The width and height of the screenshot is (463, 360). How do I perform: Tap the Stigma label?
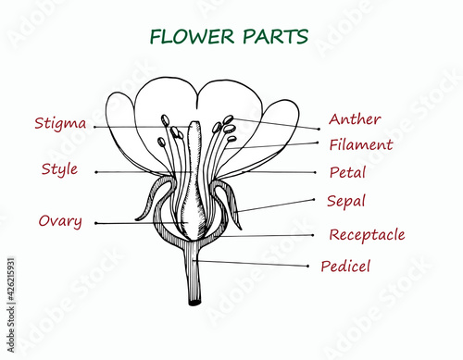click(x=60, y=123)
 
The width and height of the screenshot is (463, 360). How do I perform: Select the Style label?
click(x=59, y=169)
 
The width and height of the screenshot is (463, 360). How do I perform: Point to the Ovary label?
click(x=60, y=221)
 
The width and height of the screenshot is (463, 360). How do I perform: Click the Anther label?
click(x=355, y=119)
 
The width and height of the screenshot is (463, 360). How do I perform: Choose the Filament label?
click(x=361, y=145)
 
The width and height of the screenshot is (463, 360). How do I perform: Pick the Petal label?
click(x=347, y=172)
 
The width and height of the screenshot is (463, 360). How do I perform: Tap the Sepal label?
click(x=346, y=201)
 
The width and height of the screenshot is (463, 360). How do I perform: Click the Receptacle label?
click(x=367, y=235)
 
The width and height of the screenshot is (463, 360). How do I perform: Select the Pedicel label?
click(x=345, y=267)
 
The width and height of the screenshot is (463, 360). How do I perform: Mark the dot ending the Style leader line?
click(x=94, y=172)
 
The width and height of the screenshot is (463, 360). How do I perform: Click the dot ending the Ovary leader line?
click(x=94, y=223)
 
